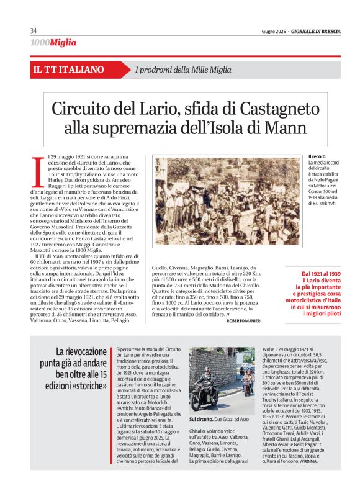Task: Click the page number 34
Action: [x=34, y=30]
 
